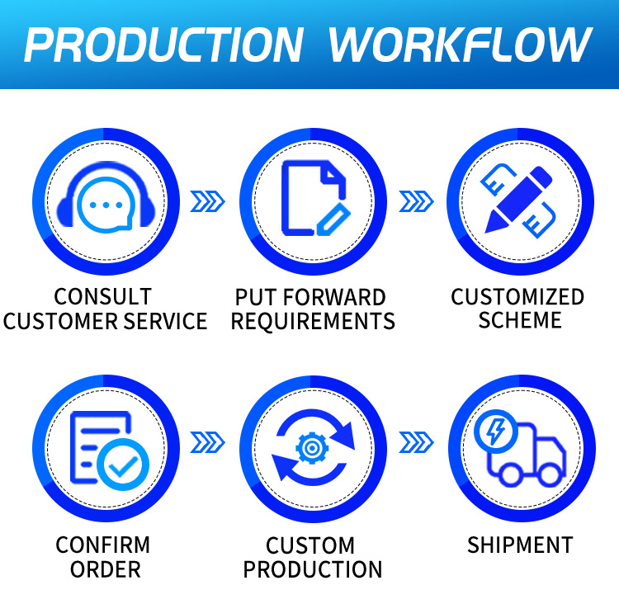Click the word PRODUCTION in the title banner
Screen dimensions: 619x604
coord(164,45)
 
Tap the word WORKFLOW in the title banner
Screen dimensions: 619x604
coord(461,45)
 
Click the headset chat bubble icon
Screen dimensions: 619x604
coord(106,196)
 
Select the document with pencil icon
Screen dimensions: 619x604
coord(315,198)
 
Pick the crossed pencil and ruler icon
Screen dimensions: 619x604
coord(518,201)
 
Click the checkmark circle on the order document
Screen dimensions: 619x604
coord(123,465)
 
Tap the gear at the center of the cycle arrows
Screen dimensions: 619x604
coord(312,448)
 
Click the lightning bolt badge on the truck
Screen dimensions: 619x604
coord(496,431)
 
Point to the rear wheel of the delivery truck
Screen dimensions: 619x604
coord(510,474)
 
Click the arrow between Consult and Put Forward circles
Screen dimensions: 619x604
coord(208,201)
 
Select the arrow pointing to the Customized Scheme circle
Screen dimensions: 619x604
coord(416,201)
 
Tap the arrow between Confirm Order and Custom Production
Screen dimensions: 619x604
coord(208,442)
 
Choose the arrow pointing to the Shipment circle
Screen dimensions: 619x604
coord(416,442)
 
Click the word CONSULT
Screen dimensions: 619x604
coord(102,297)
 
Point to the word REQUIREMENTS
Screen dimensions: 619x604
coord(313,321)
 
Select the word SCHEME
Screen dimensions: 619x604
coord(520,320)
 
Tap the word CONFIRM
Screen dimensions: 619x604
coord(102,545)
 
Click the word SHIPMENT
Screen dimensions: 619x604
coord(520,545)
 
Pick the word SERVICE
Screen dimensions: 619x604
coord(165,321)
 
